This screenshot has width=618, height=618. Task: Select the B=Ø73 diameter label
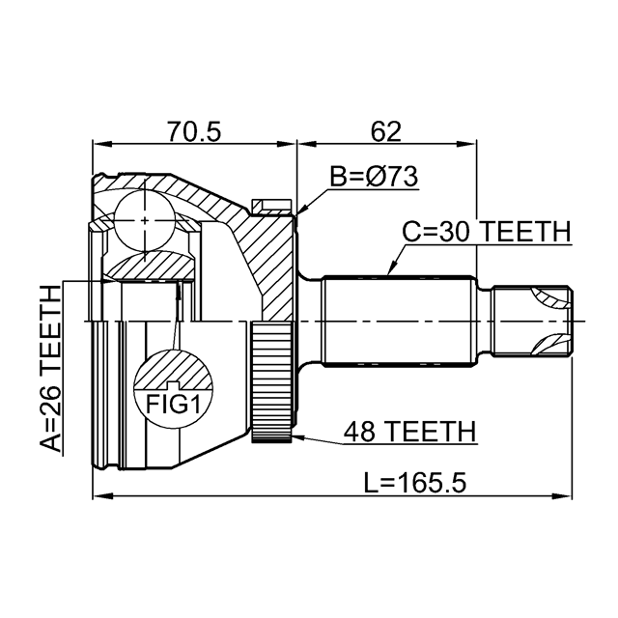372,178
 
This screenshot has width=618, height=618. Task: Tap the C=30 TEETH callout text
486,232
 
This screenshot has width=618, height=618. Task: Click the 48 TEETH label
409,433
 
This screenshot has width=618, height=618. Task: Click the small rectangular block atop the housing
269,206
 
